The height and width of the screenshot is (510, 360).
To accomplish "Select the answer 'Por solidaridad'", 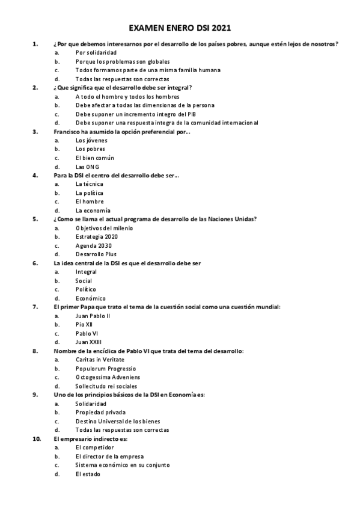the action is [x=96, y=53].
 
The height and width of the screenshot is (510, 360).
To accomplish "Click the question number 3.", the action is [x=35, y=132].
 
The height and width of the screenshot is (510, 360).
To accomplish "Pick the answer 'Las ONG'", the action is [x=88, y=167].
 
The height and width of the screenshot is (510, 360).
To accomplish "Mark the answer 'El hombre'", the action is [x=90, y=201].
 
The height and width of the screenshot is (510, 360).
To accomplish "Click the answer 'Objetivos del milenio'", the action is [x=105, y=228].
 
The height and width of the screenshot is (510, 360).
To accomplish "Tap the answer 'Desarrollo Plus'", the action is [x=96, y=254].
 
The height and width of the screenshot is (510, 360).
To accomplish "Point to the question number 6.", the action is [x=35, y=263].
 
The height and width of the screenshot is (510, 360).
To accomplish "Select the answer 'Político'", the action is [x=86, y=289].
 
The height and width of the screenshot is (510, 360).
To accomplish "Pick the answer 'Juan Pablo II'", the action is [x=93, y=316].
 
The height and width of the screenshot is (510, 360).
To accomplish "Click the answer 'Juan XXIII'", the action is [x=89, y=342].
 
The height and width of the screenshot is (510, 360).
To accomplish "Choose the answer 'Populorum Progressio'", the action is [x=106, y=368].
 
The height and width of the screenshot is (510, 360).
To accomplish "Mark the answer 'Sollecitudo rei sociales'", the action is [x=106, y=386].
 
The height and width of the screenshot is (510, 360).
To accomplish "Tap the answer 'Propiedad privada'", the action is [x=100, y=412].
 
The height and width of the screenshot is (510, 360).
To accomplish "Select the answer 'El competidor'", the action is [x=95, y=447].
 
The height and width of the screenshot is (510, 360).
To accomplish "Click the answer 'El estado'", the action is [x=88, y=473].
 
